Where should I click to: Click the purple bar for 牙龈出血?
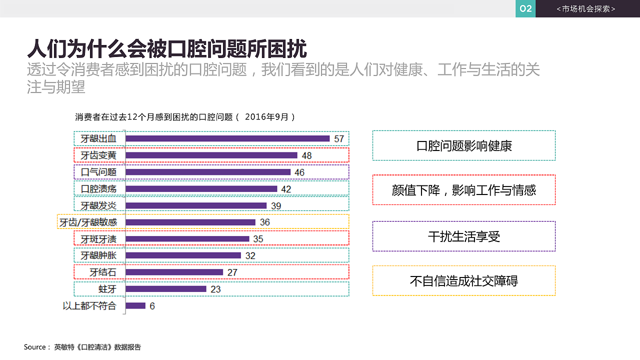coord(227,138)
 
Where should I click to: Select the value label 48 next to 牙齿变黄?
coord(306,155)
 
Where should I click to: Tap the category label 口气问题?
coord(98,172)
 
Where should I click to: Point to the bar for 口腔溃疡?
coord(201,189)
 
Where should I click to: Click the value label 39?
coord(276,205)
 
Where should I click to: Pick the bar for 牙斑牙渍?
coord(187,239)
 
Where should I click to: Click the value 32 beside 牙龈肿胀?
coord(250,255)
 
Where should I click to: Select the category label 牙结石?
coord(103,272)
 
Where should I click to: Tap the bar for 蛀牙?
coord(166,289)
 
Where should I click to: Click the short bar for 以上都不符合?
coord(135,305)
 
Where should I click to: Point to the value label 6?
coord(152,306)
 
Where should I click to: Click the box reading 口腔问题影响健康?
coord(463,145)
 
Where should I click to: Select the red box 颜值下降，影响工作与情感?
coord(463,190)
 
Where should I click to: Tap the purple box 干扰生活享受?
coord(463,236)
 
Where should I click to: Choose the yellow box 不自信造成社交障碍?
coord(463,280)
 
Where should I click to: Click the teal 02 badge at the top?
coord(525,8)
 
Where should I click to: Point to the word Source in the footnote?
coord(34,347)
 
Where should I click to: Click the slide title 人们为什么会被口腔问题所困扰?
coord(166,49)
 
